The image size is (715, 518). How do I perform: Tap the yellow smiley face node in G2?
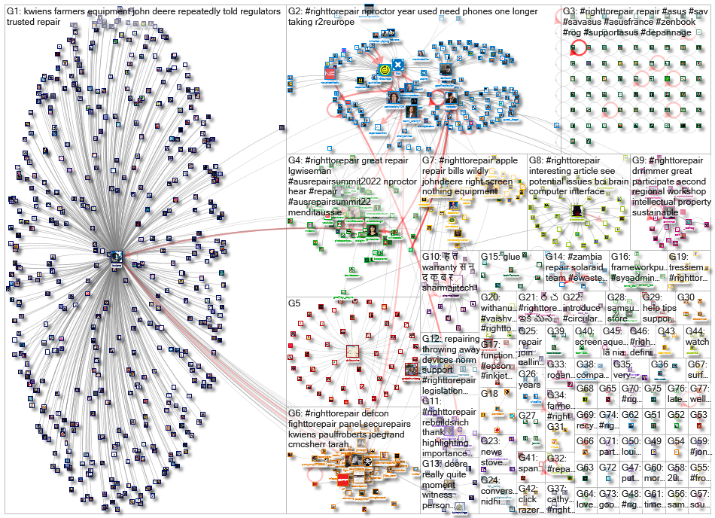[385, 71]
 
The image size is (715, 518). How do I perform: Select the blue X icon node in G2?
[398, 66]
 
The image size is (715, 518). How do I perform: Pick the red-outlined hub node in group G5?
[352, 351]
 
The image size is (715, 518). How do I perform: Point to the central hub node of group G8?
[578, 213]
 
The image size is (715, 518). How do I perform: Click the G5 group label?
[296, 303]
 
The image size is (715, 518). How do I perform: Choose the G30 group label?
[686, 297]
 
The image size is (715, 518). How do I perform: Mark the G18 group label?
[490, 393]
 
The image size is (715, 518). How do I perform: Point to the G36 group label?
[659, 364]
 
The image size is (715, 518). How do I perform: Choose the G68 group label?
[585, 388]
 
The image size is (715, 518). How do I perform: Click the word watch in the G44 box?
[697, 342]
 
